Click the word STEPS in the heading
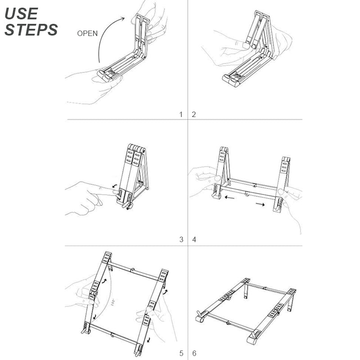tap(31, 30)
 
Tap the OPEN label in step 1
tap(87, 33)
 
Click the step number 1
tap(181, 114)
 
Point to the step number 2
tap(194, 114)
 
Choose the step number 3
tap(181, 239)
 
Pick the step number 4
tap(194, 239)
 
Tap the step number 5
tap(181, 353)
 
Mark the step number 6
tap(194, 353)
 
